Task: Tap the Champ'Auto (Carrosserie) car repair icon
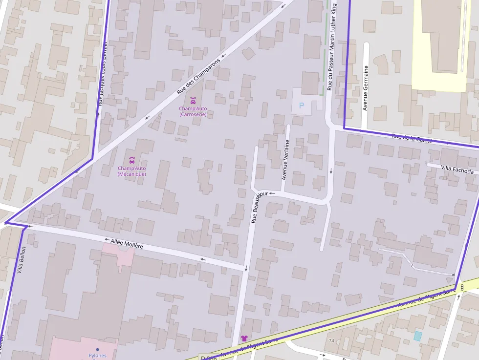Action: coord(193,101)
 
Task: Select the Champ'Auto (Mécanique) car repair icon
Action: coord(131,160)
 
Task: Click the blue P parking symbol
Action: coord(302,105)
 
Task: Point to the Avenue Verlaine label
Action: coord(286,160)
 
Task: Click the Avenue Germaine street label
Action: coord(365,88)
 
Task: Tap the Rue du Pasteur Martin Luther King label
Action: coord(332,46)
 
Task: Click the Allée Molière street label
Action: coord(127,243)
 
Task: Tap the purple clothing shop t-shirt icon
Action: coord(244,339)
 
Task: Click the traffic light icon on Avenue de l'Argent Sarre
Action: coord(462,288)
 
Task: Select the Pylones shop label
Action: coord(97,355)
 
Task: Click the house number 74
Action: coord(331,340)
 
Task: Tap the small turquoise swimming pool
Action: coord(417,336)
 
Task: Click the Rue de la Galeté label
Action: coord(412,138)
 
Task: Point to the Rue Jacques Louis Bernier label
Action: coord(102,73)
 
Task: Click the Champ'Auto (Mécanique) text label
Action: coord(131,171)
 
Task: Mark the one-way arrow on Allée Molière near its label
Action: coord(107,240)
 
